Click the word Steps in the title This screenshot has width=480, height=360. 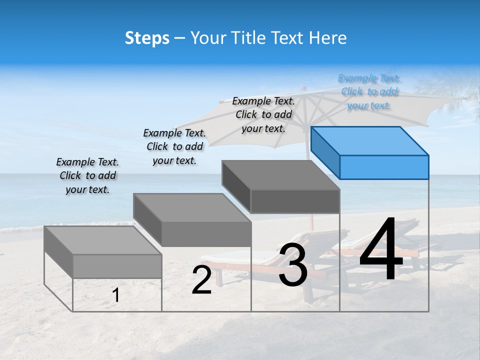point(147,38)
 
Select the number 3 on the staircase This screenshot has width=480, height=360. point(293,265)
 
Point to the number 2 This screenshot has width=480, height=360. point(201,280)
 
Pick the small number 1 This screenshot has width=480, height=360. point(116,295)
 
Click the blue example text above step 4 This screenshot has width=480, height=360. point(369,92)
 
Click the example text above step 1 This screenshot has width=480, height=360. point(87,175)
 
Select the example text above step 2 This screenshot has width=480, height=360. point(174,146)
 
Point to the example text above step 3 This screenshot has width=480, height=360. point(263,114)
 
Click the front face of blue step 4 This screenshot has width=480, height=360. point(384,167)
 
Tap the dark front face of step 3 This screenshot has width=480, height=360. point(295,201)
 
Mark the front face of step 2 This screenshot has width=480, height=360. point(206,234)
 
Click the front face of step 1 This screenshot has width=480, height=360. point(117,266)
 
